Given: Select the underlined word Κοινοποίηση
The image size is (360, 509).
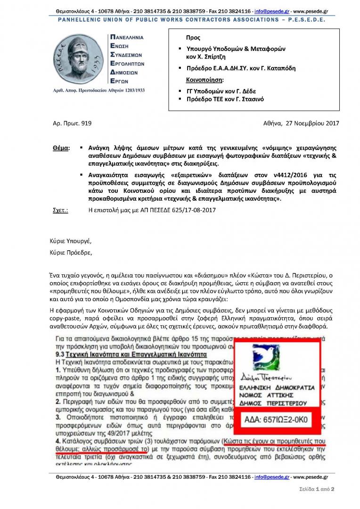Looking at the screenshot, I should [205, 79].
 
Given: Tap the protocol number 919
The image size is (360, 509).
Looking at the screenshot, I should [86, 123].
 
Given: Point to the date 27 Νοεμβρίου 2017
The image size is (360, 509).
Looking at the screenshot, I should [312, 123].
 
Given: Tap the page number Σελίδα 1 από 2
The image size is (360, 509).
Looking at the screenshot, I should [316, 489].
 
